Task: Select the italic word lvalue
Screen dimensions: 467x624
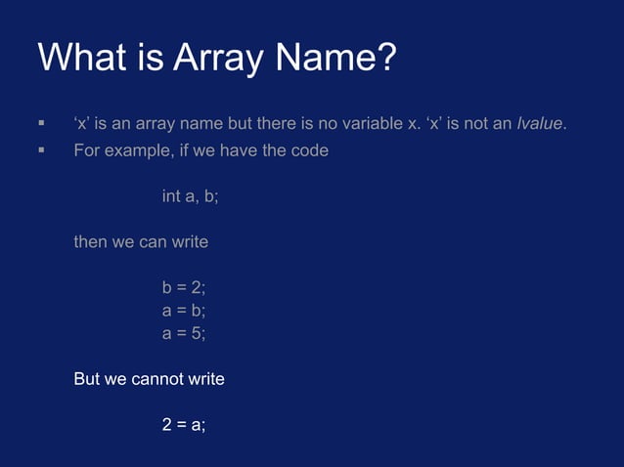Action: (540, 124)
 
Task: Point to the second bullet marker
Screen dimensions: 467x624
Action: (41, 151)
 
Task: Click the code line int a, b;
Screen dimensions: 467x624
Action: (190, 196)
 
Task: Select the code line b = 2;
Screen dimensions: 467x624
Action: (184, 287)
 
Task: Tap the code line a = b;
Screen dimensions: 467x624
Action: (184, 310)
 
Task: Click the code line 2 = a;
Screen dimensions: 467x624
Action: (184, 424)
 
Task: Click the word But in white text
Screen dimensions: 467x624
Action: (87, 378)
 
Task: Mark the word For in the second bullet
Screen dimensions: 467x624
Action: (86, 151)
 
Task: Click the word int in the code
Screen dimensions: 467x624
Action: (171, 196)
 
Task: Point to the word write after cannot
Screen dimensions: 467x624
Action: (204, 378)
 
